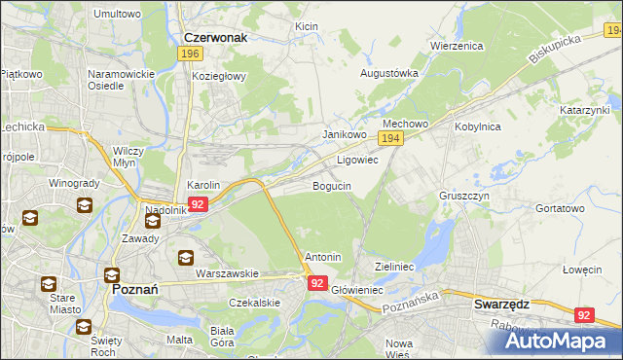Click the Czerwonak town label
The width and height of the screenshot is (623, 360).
(214, 37)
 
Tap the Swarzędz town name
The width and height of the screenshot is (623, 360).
(500, 304)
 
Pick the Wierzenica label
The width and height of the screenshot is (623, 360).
(457, 45)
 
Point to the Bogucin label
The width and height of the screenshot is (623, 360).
(331, 185)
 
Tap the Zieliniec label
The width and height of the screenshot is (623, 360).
(395, 265)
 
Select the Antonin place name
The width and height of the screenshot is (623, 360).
(323, 257)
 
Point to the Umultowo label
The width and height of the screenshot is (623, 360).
(117, 14)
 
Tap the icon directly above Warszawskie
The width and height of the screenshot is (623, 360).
(185, 258)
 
